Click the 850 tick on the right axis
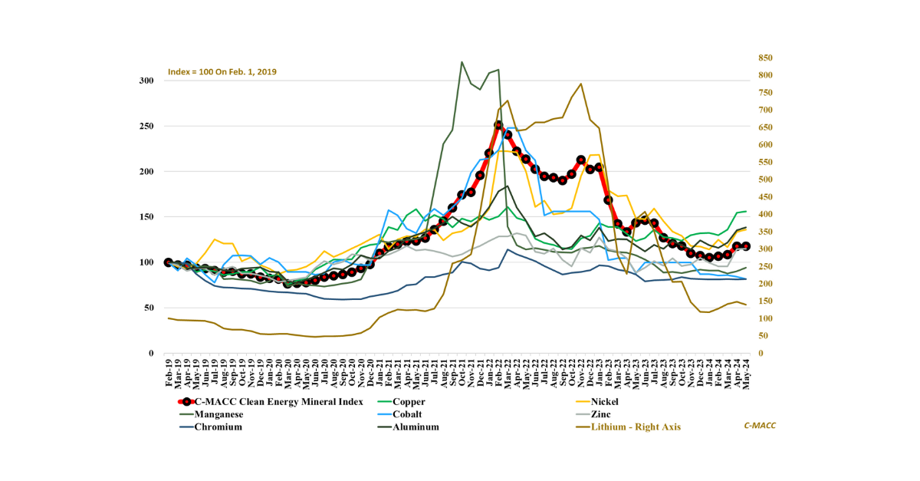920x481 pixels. coord(766,58)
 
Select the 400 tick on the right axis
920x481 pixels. coord(766,214)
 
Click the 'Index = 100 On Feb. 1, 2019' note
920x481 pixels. coord(222,72)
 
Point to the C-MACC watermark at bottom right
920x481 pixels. coord(759,426)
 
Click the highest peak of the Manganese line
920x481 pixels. coord(462,62)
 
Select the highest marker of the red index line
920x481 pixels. coord(498,125)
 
